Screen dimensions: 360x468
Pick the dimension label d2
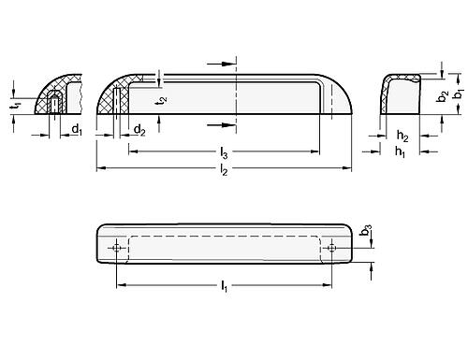(138, 130)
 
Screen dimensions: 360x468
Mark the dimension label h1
(400, 151)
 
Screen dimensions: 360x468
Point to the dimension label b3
(369, 229)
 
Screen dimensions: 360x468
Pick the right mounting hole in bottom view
(333, 249)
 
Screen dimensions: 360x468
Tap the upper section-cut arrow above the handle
(230, 65)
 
